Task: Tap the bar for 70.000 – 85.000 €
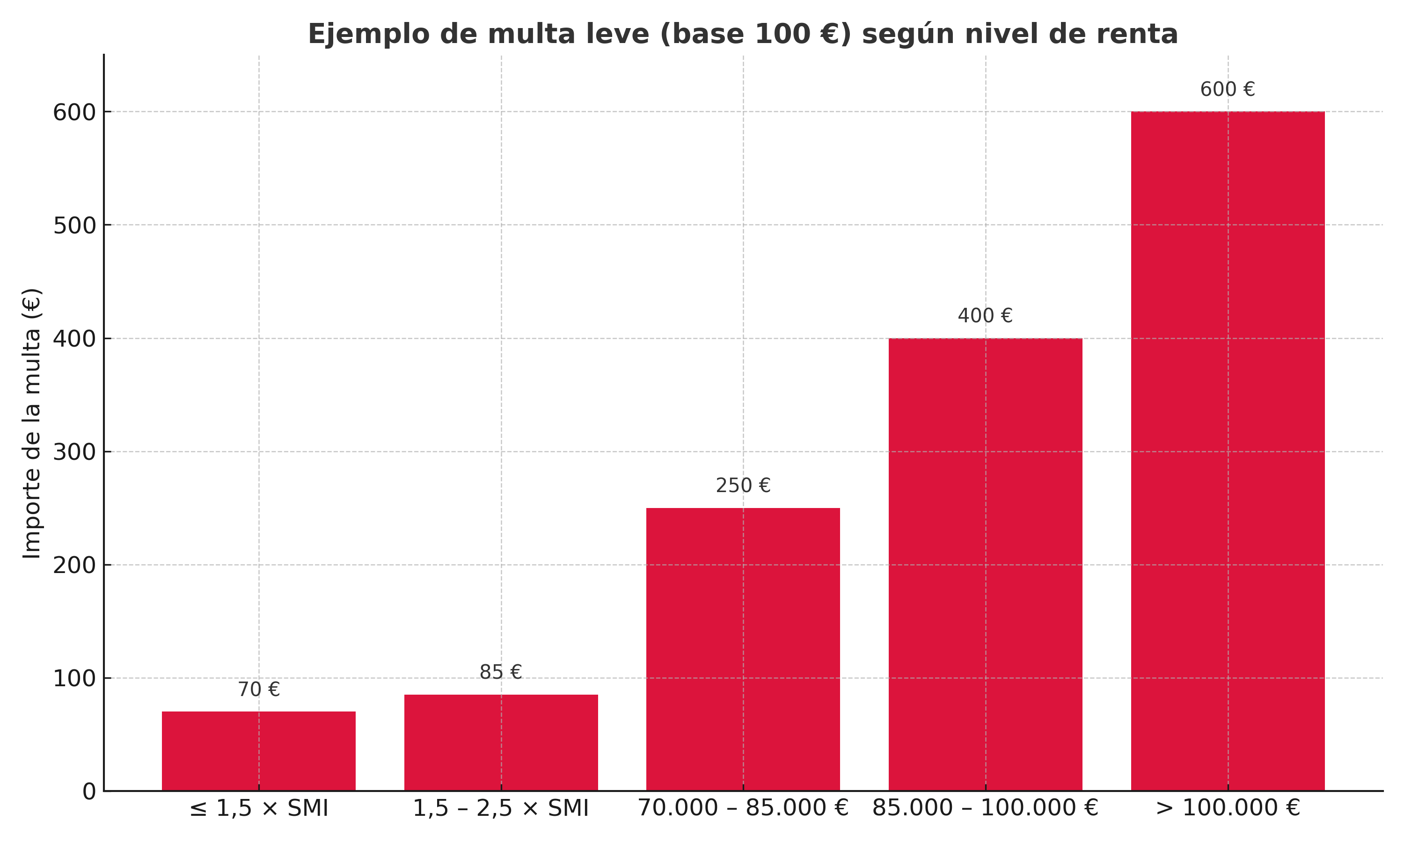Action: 743,649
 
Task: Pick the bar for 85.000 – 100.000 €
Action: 985,564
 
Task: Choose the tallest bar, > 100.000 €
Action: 1228,450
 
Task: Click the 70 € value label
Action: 259,690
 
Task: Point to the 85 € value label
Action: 501,672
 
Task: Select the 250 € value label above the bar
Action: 743,486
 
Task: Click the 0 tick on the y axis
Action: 89,791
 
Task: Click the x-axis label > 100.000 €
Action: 1228,808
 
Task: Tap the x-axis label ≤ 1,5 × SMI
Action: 259,808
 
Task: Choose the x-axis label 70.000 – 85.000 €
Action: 743,808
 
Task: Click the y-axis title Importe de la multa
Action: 32,423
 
